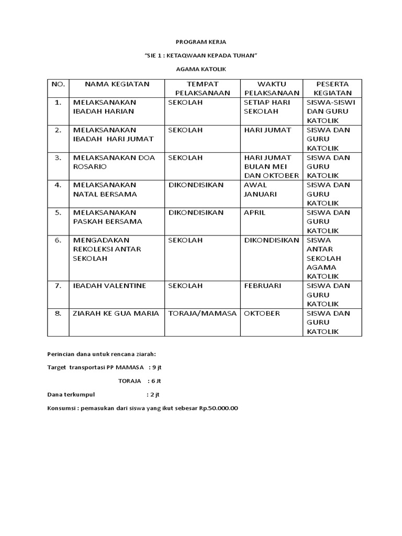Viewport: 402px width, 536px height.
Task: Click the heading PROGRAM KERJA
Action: (200, 41)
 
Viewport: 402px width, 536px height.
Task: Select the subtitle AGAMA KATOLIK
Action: (200, 69)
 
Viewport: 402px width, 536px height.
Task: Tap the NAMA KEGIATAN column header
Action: (117, 84)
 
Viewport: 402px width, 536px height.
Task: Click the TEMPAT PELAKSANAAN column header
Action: (202, 88)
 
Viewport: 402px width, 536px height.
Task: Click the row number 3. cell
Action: (58, 158)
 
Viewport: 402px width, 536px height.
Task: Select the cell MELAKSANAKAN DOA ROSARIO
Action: (114, 162)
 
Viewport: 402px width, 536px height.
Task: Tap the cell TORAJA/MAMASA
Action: (202, 314)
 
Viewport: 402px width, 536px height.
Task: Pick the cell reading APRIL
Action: (254, 213)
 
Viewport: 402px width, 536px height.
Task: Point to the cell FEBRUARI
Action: (263, 286)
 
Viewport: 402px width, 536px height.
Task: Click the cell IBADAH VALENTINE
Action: (109, 286)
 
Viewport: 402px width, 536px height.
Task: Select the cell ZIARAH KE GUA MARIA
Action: (116, 314)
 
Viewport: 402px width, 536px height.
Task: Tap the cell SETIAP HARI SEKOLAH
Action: (267, 107)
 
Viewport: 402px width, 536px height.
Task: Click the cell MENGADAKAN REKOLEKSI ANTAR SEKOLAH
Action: (107, 249)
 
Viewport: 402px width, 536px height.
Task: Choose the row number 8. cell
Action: (58, 314)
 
